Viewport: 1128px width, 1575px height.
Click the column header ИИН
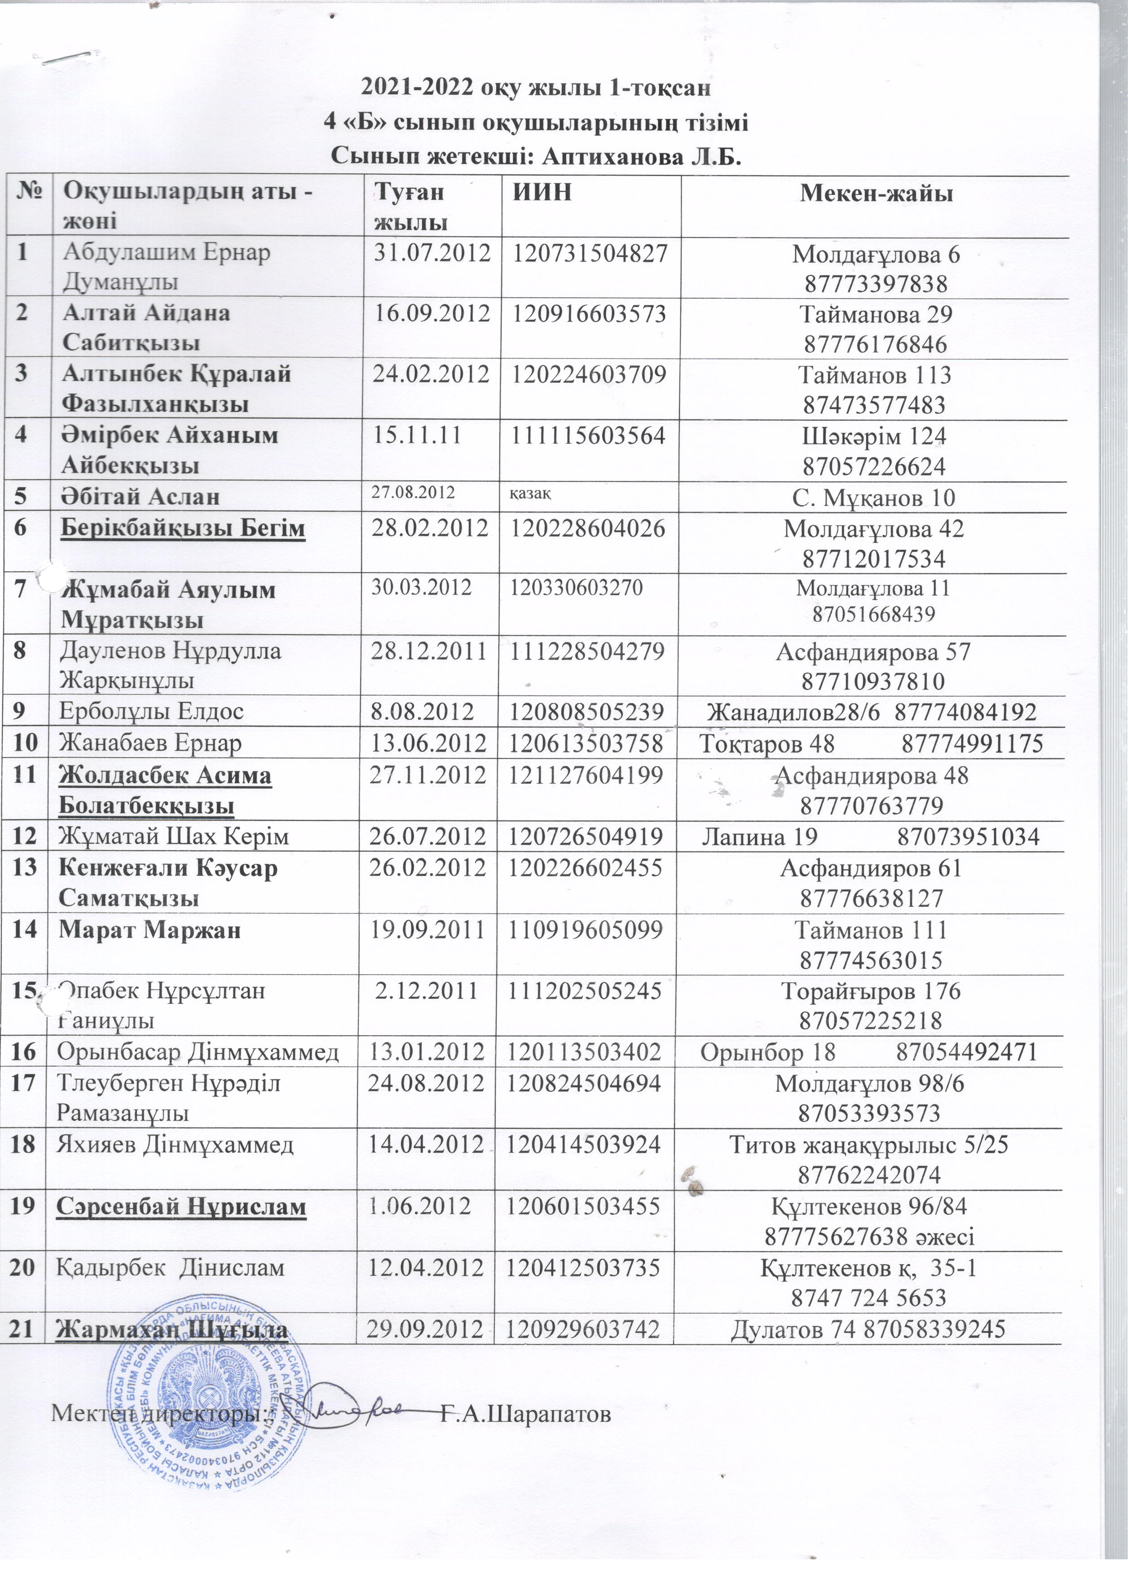click(x=542, y=192)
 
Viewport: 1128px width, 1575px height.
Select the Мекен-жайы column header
click(x=876, y=192)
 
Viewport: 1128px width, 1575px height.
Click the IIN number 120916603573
click(x=589, y=314)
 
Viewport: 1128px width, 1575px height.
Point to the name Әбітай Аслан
click(x=141, y=497)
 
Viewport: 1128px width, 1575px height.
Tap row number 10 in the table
click(x=24, y=744)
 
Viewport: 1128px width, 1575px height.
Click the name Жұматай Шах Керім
click(x=173, y=836)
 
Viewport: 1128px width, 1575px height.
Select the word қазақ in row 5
click(x=531, y=493)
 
